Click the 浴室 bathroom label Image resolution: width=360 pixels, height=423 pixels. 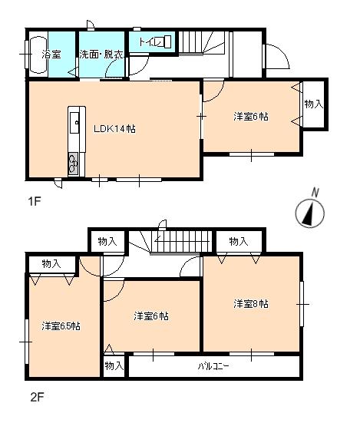pos(51,55)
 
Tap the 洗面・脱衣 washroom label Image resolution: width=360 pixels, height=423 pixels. pos(100,55)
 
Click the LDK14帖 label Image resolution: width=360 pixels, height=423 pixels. pos(115,130)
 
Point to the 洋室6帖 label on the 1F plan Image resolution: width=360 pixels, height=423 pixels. pos(251,117)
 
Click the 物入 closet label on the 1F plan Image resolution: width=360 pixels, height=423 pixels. pos(312,103)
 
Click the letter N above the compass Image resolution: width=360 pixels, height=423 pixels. pos(313,192)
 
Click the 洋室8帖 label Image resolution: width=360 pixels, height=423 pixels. pos(251,304)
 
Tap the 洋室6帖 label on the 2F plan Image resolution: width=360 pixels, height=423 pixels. pos(151,316)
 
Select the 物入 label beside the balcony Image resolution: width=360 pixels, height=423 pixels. pos(114,365)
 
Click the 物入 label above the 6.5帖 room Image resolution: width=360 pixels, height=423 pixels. pos(51,263)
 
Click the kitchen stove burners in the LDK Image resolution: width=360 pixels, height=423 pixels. pos(74,162)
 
